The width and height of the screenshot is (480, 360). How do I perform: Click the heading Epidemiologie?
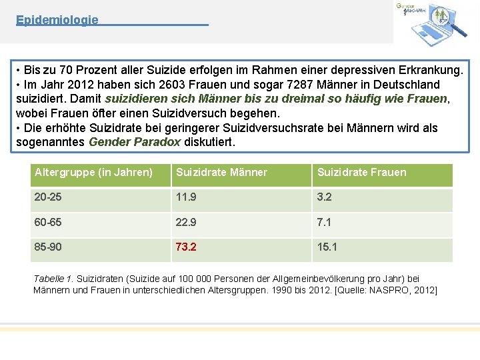pyautogui.click(x=57, y=20)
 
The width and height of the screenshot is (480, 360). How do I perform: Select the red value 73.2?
pyautogui.click(x=186, y=247)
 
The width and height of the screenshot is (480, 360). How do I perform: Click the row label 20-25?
pyautogui.click(x=48, y=197)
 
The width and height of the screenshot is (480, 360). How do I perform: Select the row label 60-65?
pyautogui.click(x=48, y=222)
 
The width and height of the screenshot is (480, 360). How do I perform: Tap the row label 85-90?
pyautogui.click(x=48, y=247)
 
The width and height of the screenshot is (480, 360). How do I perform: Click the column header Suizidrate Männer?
pyautogui.click(x=221, y=173)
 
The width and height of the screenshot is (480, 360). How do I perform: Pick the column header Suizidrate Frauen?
pyautogui.click(x=362, y=173)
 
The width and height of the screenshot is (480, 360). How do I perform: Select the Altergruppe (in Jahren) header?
pyautogui.click(x=93, y=173)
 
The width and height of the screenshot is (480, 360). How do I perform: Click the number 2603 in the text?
pyautogui.click(x=172, y=85)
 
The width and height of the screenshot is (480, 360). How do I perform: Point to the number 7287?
pyautogui.click(x=300, y=85)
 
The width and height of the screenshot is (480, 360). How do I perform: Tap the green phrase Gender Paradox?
pyautogui.click(x=135, y=142)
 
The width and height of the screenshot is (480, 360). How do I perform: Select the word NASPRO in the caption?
pyautogui.click(x=389, y=290)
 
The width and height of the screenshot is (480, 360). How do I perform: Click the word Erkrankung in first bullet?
pyautogui.click(x=431, y=70)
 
